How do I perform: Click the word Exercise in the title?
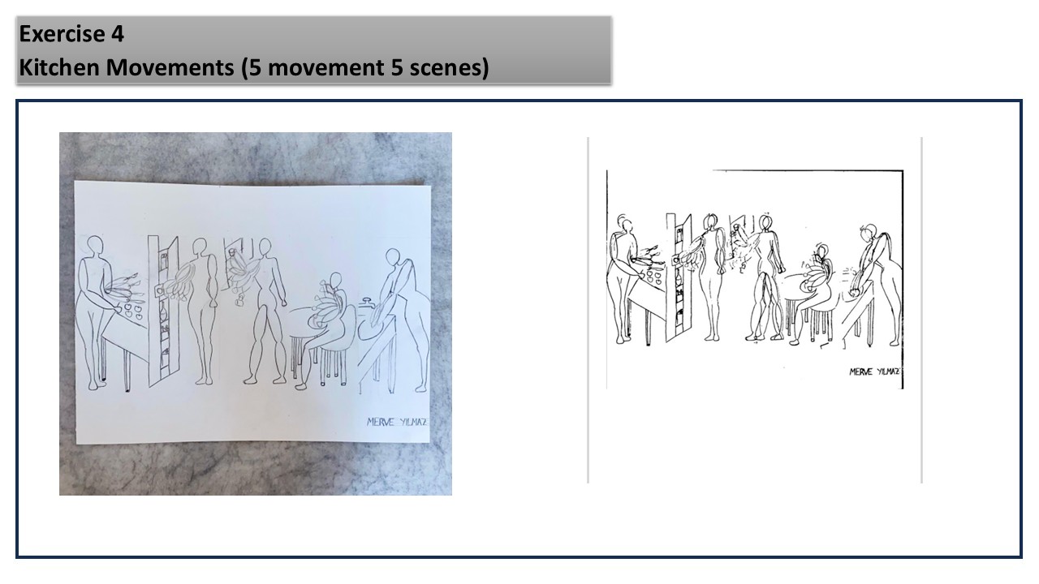tap(62, 34)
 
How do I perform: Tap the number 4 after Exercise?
tap(118, 34)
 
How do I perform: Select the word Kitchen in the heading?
tap(58, 67)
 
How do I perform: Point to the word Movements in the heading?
tap(170, 67)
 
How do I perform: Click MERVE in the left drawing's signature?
tap(381, 423)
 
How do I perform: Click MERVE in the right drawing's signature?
tap(860, 371)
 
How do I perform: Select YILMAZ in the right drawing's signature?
tap(889, 371)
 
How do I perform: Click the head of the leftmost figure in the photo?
tap(95, 245)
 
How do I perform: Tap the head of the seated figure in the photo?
tap(336, 281)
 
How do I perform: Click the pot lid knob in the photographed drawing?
tap(369, 300)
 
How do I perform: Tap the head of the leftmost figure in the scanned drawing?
tap(627, 225)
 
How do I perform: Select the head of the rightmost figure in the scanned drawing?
tap(871, 231)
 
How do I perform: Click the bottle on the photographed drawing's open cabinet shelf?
tap(163, 311)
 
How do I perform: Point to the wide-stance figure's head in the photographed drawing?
tap(265, 247)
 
